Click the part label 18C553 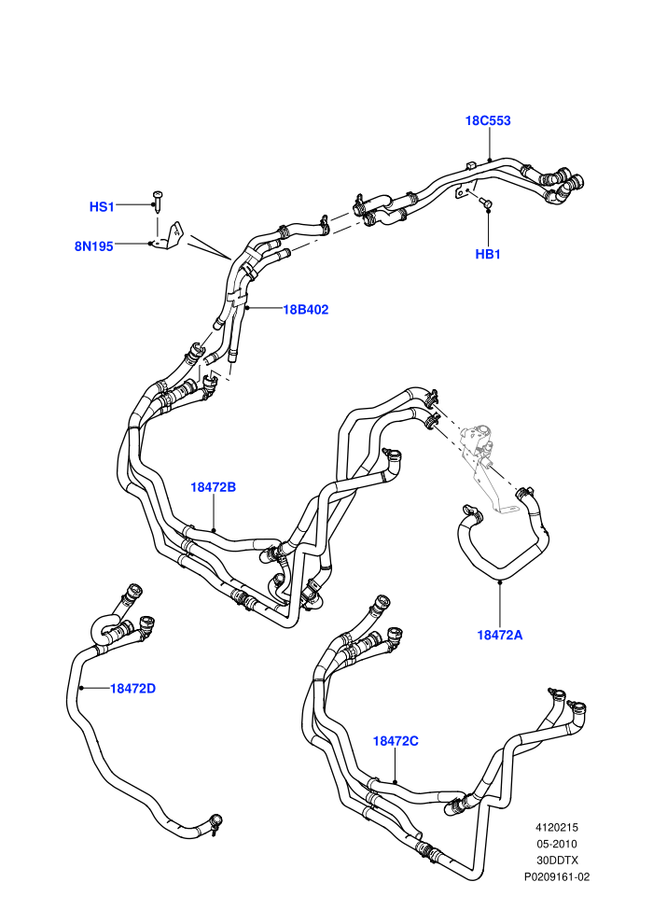pos(488,120)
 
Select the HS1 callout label pos(102,207)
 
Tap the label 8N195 pos(93,246)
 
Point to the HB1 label pos(488,255)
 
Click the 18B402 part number pos(306,309)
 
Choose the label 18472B pos(213,487)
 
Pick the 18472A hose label pos(499,635)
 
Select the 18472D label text pos(133,688)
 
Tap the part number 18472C pos(396,741)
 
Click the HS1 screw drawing pos(158,201)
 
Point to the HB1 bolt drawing pos(485,203)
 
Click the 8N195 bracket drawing pos(169,236)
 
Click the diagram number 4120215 pos(556,828)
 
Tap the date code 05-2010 pos(556,844)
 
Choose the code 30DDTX pos(557,861)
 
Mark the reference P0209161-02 pos(557,876)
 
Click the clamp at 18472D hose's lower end pos(216,822)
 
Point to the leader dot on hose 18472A pos(499,582)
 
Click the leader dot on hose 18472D pos(81,688)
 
